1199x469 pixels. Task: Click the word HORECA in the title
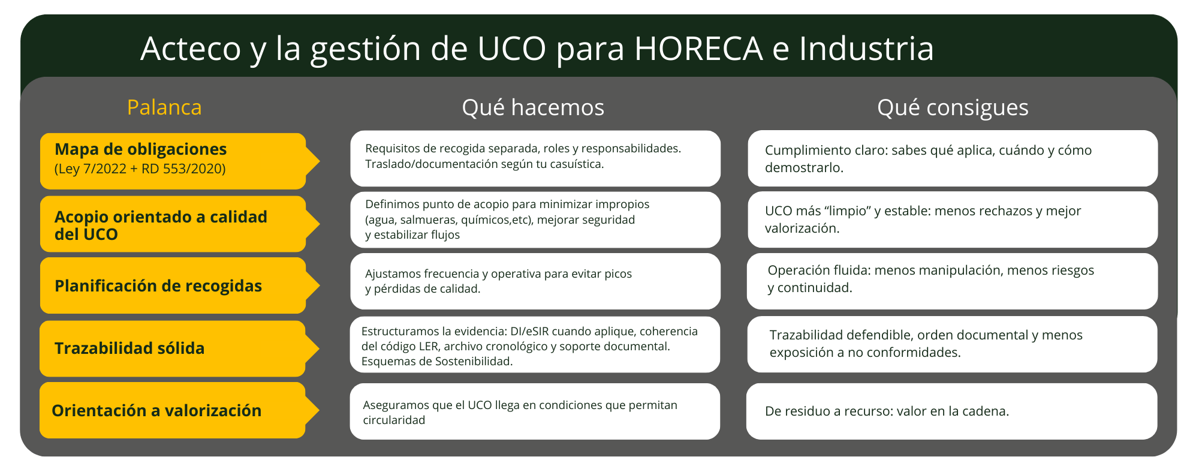(x=698, y=49)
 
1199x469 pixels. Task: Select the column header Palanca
(x=164, y=107)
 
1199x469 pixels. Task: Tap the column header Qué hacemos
(x=533, y=107)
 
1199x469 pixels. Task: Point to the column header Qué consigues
(x=953, y=107)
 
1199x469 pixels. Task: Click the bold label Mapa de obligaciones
(x=140, y=149)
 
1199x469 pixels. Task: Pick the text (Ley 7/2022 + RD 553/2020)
(x=140, y=169)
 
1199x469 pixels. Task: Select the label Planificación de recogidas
(x=158, y=285)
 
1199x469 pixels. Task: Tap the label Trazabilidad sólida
(x=129, y=348)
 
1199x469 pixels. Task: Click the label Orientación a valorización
(x=156, y=410)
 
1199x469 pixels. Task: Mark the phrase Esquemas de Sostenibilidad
(x=436, y=361)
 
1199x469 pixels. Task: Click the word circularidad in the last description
(x=394, y=420)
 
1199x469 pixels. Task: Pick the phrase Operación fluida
(x=818, y=270)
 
